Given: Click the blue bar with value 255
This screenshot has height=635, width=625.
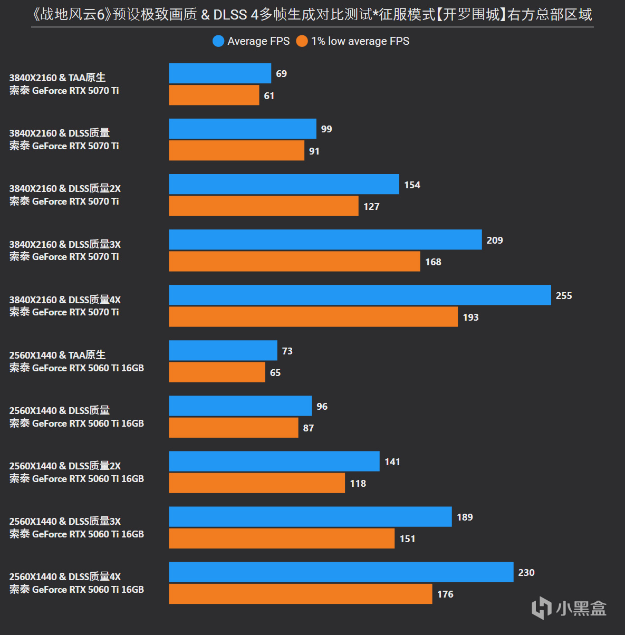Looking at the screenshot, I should coord(360,295).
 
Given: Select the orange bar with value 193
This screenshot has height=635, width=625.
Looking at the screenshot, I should coord(313,317).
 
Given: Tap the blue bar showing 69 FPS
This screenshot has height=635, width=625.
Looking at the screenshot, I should coord(220,73).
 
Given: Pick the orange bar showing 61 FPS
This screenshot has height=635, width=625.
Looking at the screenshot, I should coord(214,95).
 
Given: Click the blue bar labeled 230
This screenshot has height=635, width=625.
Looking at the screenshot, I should coord(341,572).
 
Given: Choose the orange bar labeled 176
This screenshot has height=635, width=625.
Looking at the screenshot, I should coord(300,594).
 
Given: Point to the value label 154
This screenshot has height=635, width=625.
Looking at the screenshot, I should coord(412,185).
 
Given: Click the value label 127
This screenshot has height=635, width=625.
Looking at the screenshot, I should coord(371,207).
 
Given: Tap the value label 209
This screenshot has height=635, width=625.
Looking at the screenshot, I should coord(495,240).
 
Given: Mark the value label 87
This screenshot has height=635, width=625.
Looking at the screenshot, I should coord(309,428).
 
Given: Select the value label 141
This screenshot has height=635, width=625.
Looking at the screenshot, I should coord(392,462).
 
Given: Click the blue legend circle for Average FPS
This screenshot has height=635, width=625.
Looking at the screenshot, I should coord(218,41).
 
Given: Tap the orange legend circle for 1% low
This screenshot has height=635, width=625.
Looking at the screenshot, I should coord(302,41).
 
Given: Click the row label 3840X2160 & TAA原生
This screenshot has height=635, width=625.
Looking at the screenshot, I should coord(57,78).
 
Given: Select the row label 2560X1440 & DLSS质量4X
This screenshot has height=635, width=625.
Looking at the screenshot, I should coord(65,576).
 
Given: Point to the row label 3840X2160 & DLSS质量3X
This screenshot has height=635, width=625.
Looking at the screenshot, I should coord(65,244).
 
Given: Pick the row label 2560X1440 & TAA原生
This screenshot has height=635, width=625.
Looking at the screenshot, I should coord(57,355).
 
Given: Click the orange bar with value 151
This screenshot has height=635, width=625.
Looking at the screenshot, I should coord(282,538).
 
